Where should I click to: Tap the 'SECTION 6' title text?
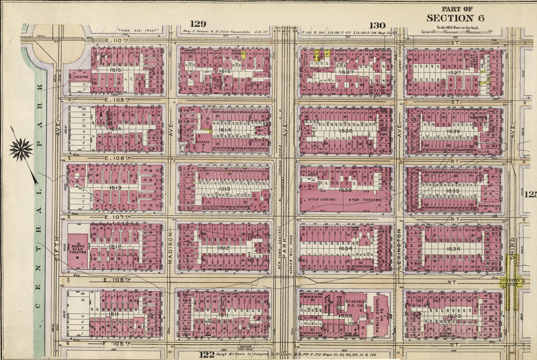pyautogui.click(x=455, y=18)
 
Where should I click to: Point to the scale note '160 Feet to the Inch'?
pyautogui.click(x=457, y=27)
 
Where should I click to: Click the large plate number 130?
pyautogui.click(x=377, y=25)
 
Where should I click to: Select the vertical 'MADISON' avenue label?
pyautogui.click(x=171, y=243)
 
